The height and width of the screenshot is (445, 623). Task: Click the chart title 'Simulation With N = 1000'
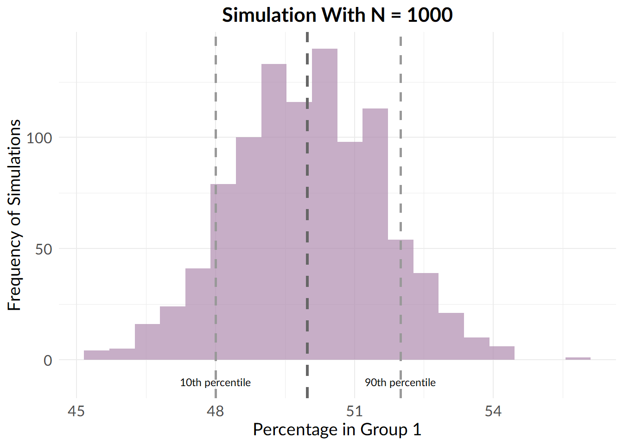pos(337,15)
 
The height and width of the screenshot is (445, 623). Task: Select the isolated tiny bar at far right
pos(578,358)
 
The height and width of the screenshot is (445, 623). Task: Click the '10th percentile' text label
pos(215,382)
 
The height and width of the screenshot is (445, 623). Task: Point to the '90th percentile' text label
pos(400,382)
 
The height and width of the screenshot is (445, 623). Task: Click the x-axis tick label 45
pos(76,411)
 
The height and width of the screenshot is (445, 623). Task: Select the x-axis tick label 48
pos(215,411)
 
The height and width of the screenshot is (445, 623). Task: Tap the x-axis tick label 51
pos(354,411)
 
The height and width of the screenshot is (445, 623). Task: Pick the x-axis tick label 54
pos(493,411)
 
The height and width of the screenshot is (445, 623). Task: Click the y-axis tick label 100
pos(39,138)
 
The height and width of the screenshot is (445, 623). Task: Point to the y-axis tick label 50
pos(44,249)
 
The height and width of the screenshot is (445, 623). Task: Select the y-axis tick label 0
pos(48,360)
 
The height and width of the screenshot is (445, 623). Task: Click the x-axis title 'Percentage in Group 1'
pos(337,430)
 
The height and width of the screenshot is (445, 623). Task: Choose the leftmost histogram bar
pos(96,355)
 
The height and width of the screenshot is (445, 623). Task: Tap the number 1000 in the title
pos(430,15)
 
